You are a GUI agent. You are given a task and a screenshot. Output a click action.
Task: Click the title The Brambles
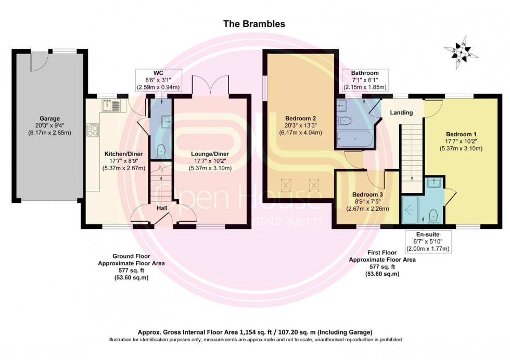coord(254,24)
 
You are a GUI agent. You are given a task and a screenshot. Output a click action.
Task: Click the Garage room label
coord(50,118)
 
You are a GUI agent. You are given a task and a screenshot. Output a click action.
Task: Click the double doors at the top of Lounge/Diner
coord(210,85)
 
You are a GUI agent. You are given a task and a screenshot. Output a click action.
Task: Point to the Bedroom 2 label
coord(301,118)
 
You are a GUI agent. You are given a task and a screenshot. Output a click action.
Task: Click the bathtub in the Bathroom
coord(354,139)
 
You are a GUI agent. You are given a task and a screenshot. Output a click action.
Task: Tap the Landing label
coord(401,112)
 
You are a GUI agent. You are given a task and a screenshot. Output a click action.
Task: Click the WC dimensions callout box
coord(159,80)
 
